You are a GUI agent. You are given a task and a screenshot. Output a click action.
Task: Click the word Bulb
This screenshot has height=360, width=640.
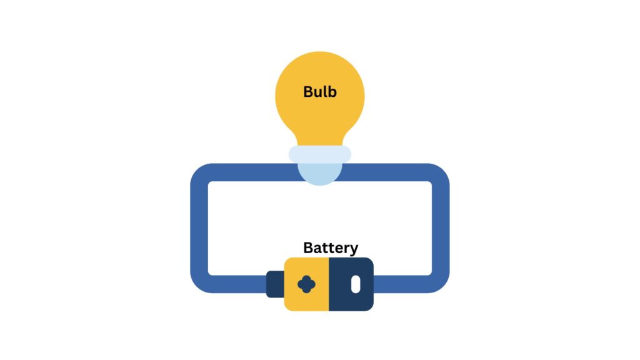click(x=319, y=91)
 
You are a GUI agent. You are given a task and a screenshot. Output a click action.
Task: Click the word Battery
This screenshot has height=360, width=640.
click(x=331, y=247)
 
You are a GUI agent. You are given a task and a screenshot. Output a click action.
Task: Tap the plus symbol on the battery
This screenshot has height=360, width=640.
click(x=306, y=284)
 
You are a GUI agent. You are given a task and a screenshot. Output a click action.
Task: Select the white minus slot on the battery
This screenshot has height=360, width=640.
click(x=355, y=284)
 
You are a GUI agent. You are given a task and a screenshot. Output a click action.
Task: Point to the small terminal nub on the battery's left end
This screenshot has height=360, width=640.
click(x=274, y=284)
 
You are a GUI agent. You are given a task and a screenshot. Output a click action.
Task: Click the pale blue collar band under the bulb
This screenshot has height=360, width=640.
click(x=319, y=154)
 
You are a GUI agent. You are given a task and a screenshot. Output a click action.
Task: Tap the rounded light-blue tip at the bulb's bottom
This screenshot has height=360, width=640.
click(x=319, y=174)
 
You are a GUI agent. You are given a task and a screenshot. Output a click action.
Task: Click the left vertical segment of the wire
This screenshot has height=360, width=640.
click(x=199, y=228)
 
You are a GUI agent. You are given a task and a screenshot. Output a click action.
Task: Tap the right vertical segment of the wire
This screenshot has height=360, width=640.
click(x=441, y=228)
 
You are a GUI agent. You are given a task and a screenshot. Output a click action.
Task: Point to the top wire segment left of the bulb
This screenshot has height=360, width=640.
click(x=250, y=172)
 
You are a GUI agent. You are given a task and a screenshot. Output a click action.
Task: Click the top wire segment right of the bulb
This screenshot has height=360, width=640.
click(x=387, y=172)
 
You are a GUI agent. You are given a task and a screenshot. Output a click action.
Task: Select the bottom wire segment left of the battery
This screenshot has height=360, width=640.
click(x=237, y=284)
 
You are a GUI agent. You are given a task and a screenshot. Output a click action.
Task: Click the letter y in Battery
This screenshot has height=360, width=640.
click(x=354, y=249)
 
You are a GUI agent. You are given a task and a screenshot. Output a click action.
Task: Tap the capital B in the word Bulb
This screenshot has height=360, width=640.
click(x=308, y=91)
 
